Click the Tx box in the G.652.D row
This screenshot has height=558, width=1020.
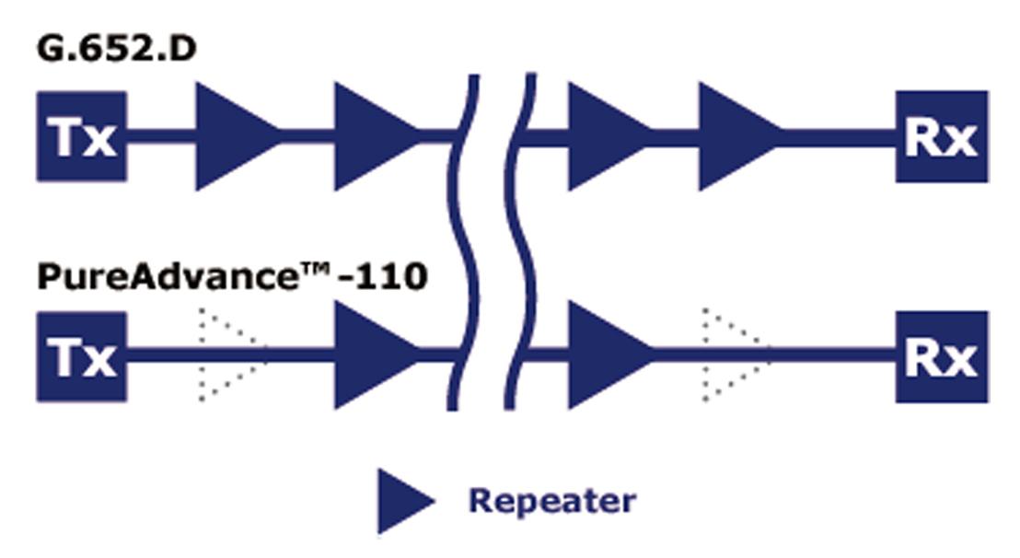pyautogui.click(x=81, y=136)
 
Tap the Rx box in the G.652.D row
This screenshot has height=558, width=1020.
pyautogui.click(x=941, y=136)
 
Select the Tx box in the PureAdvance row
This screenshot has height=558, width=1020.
pyautogui.click(x=81, y=356)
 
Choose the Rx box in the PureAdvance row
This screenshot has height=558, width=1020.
pyautogui.click(x=941, y=356)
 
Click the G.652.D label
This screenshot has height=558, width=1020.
pyautogui.click(x=116, y=49)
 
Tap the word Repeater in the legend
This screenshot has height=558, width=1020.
pyautogui.click(x=551, y=501)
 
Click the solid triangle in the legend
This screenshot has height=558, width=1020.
pyautogui.click(x=401, y=501)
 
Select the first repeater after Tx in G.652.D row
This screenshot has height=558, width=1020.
pyautogui.click(x=230, y=136)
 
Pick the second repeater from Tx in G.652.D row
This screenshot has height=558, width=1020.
pyautogui.click(x=368, y=136)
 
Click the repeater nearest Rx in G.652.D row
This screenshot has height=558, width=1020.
pyautogui.click(x=732, y=136)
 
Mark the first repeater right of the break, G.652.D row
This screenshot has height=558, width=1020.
pyautogui.click(x=603, y=136)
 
